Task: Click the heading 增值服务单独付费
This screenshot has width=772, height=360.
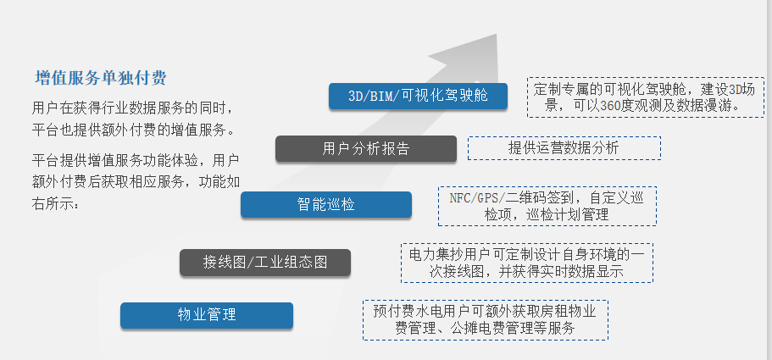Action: pos(101,78)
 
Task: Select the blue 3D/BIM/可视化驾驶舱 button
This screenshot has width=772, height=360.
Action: pos(418,96)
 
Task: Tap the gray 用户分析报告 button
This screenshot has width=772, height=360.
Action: pos(366,148)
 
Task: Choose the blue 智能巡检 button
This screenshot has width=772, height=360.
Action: pos(326,205)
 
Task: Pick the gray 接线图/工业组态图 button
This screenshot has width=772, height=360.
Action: pos(265,262)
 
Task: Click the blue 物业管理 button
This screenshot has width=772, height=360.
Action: pos(207,315)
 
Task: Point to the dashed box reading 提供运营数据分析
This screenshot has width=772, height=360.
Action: pos(564,148)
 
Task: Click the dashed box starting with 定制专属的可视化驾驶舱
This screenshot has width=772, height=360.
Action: pos(646,97)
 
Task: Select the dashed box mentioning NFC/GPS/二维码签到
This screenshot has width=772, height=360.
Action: pos(547,206)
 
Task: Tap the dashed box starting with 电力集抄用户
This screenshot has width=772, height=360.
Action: pos(527,263)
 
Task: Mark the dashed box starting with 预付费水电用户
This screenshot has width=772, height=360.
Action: pos(486,320)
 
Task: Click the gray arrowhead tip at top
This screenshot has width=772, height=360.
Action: pos(497,35)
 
